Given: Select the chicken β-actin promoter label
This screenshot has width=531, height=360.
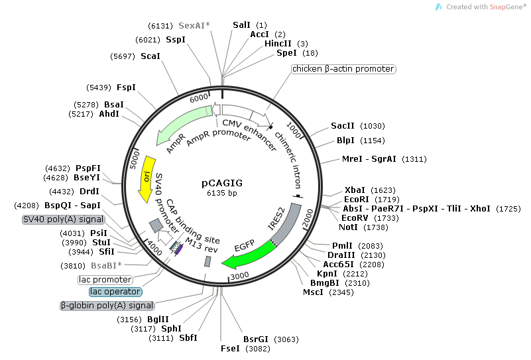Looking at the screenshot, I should coord(343,69).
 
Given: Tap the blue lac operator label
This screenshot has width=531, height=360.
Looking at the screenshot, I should coord(115,292).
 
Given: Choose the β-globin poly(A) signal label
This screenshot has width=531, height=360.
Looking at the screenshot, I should coord(107,306).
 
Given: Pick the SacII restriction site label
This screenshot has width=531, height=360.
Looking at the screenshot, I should coord(343,126).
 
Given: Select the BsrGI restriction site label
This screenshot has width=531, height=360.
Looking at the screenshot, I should coord(254,339).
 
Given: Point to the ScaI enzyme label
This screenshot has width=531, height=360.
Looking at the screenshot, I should coord(150,56).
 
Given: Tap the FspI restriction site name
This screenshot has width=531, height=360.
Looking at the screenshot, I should coord(126,88).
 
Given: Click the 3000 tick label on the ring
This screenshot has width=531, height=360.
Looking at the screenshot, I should coord(239,275).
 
